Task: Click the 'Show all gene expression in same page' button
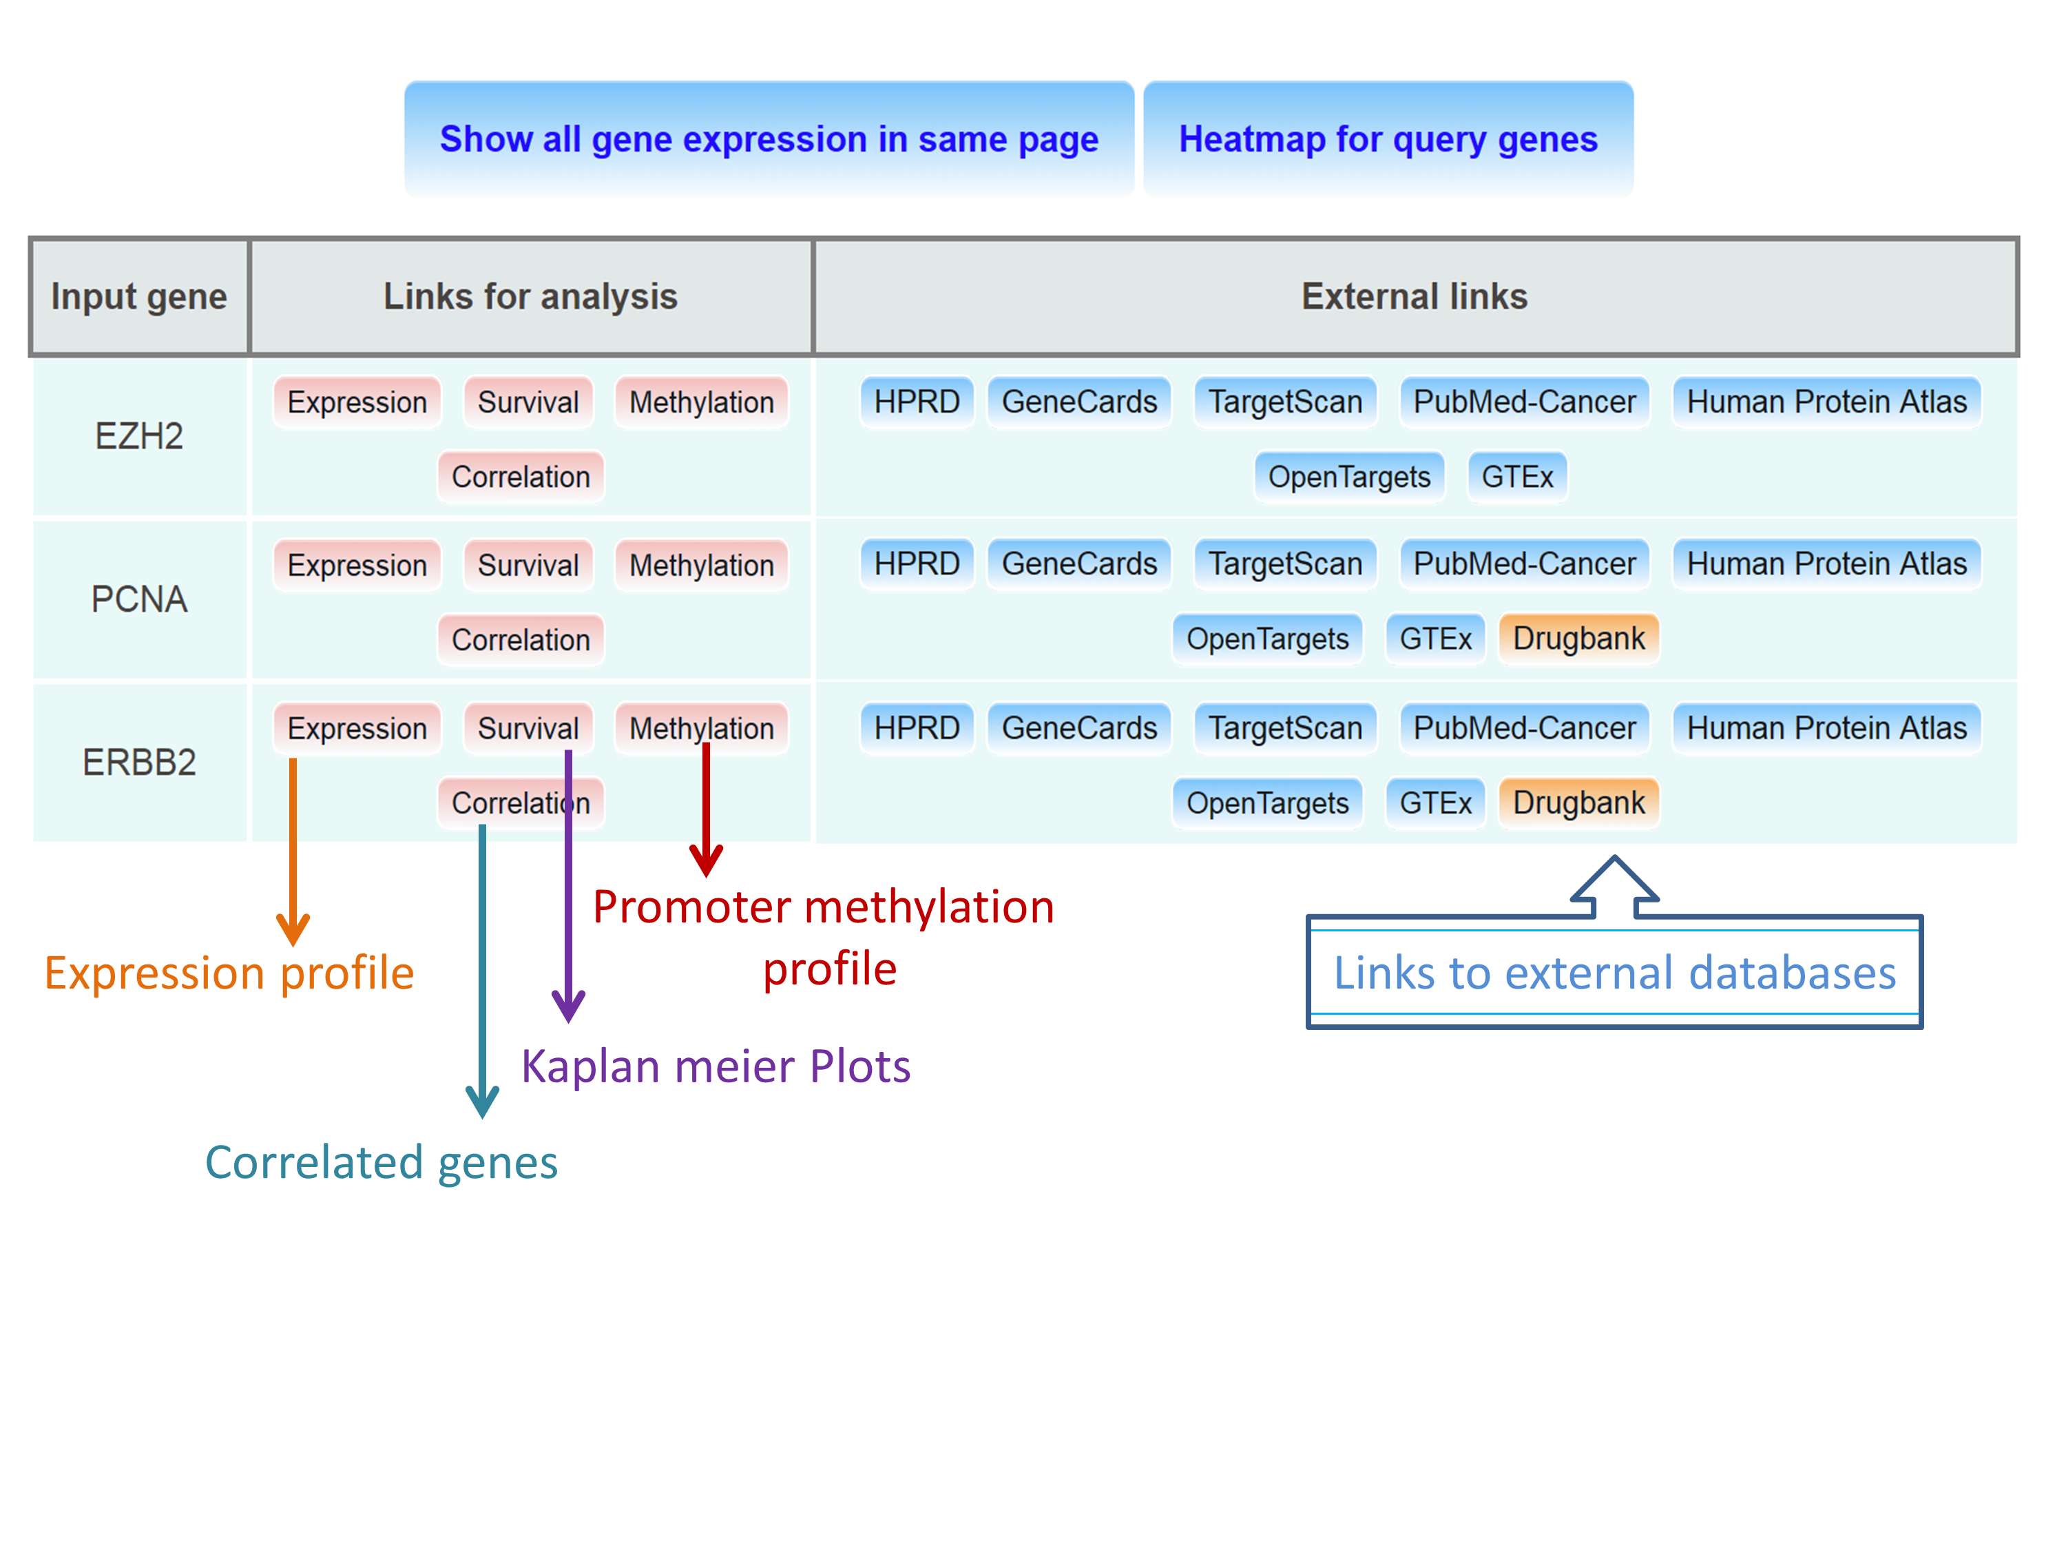[x=769, y=139]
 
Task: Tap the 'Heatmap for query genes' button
[x=1388, y=139]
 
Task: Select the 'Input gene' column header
[x=139, y=297]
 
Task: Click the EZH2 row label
[x=139, y=436]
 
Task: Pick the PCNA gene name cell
[x=139, y=599]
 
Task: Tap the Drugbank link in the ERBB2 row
[x=1578, y=803]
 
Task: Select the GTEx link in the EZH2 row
[x=1517, y=477]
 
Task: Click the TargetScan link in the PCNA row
[x=1285, y=564]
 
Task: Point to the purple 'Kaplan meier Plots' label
[x=716, y=1066]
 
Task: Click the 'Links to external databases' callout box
[x=1614, y=973]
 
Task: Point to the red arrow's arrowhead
[x=706, y=860]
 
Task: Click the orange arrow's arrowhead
[x=293, y=929]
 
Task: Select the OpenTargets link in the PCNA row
[x=1266, y=639]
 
